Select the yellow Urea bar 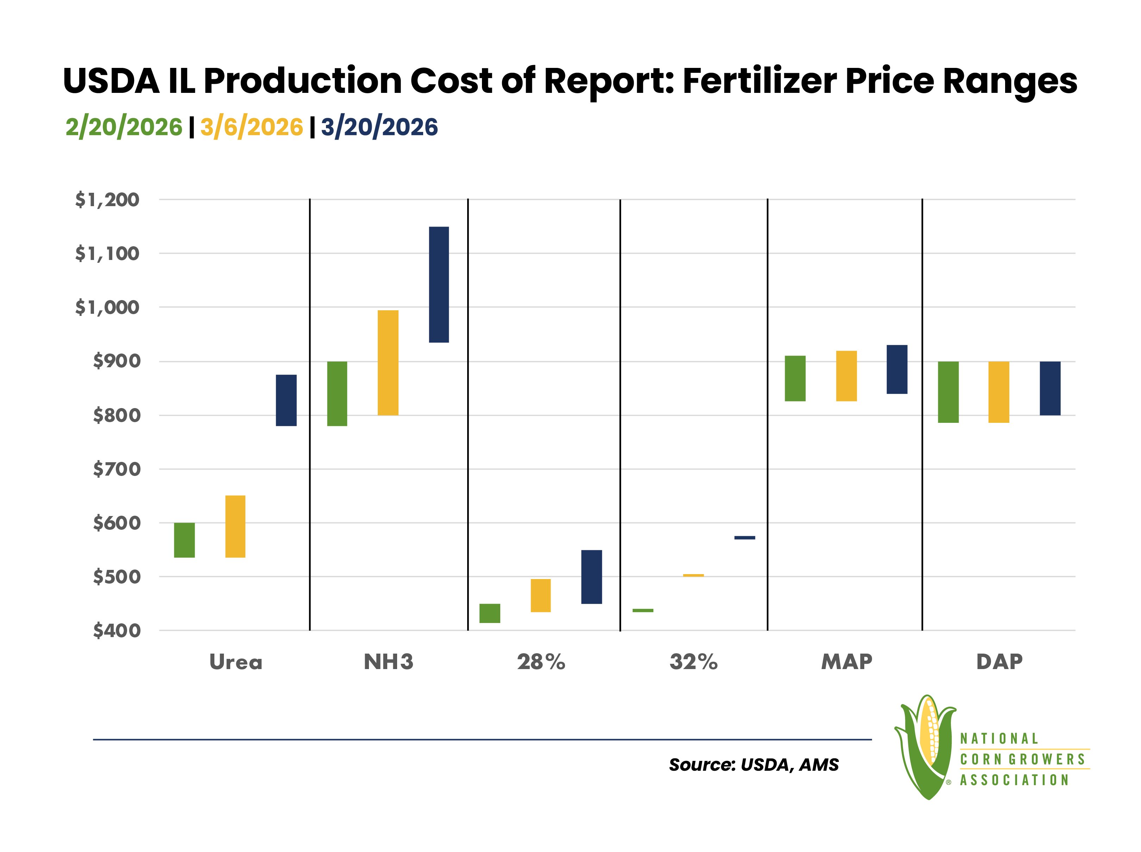point(235,526)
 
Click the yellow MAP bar point(846,376)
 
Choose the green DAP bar point(948,392)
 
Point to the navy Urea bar point(286,400)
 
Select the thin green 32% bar point(643,610)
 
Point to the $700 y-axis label point(117,469)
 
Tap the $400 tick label point(117,630)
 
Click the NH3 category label point(388,662)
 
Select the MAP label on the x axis point(846,662)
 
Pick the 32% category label point(693,662)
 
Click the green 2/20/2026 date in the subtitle point(124,127)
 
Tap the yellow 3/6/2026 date point(252,127)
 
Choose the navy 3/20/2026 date point(379,127)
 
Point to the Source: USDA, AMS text point(754,764)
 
